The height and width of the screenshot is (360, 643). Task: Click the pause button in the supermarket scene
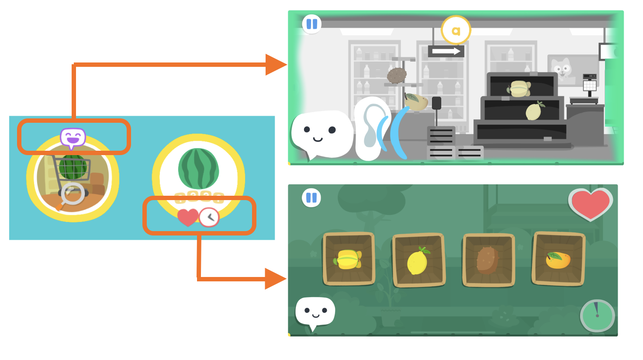312,24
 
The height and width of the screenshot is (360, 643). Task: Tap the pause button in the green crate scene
311,198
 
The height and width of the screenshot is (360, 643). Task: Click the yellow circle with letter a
456,31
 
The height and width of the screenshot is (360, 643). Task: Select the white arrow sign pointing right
446,51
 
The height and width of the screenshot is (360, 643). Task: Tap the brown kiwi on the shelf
397,76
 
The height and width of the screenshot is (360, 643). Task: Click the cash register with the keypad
589,83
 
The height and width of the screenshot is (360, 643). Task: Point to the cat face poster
561,68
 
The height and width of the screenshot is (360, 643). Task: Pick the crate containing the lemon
418,260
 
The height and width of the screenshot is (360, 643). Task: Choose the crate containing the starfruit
349,259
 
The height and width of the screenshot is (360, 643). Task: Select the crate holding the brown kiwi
488,260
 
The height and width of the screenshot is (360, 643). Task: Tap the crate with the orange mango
558,260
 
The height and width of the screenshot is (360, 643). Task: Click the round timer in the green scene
597,315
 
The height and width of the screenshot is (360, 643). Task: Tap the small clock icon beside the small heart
210,217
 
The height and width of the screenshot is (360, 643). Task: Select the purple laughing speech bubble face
73,138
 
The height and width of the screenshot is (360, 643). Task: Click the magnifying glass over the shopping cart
72,194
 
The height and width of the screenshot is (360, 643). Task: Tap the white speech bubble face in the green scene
315,312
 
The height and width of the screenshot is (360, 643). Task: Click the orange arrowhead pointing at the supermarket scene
275,65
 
